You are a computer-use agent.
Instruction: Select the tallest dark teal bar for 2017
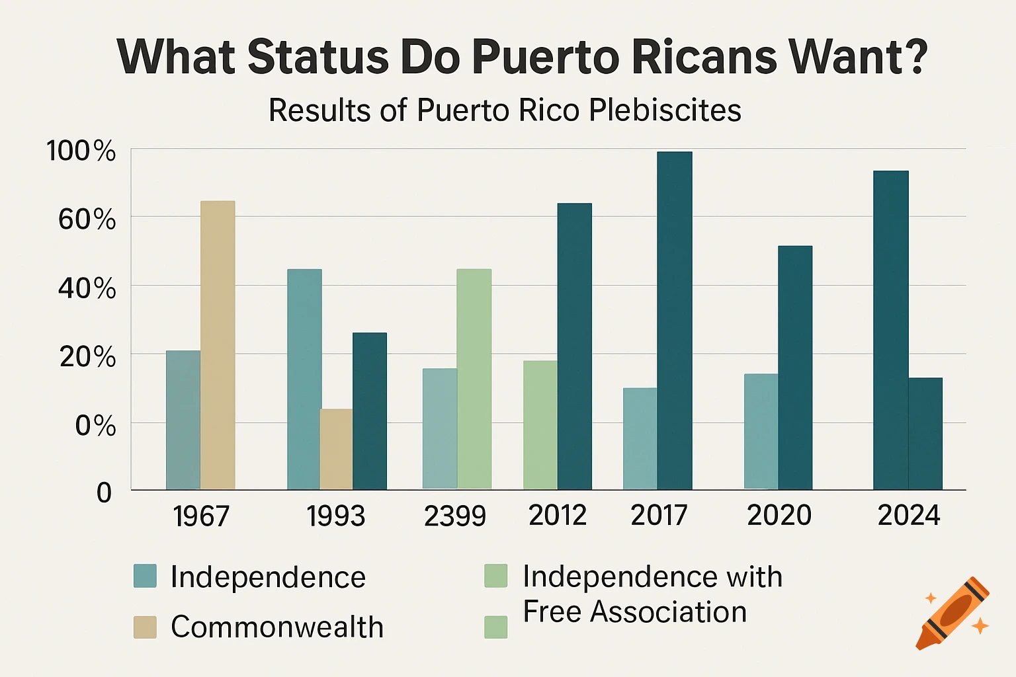(674, 321)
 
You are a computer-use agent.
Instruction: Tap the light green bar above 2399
(474, 379)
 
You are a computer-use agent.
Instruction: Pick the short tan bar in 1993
(336, 450)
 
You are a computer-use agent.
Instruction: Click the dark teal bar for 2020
(794, 368)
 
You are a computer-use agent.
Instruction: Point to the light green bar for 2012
(540, 425)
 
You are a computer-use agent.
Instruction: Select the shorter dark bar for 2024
(925, 434)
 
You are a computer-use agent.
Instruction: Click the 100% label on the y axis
(81, 151)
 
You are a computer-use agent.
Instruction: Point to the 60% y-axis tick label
(87, 219)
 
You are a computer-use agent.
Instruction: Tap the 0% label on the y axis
(95, 426)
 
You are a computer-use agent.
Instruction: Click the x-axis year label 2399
(454, 516)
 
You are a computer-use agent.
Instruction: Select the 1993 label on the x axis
(335, 516)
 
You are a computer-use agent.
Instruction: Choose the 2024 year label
(908, 515)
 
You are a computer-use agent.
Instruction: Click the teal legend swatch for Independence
(145, 576)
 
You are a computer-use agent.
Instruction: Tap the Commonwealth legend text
(276, 627)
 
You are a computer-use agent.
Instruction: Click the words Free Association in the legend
(634, 612)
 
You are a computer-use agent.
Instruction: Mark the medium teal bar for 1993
(304, 379)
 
